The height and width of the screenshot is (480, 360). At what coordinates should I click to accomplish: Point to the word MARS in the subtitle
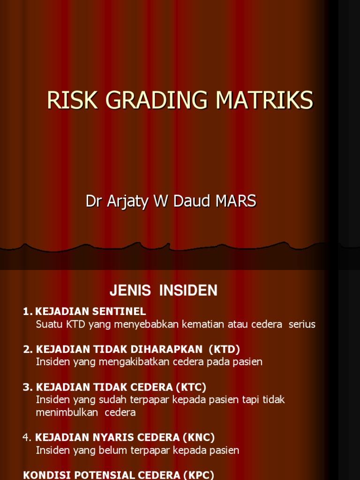pyautogui.click(x=236, y=201)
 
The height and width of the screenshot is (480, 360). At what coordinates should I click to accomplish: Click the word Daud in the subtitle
pyautogui.click(x=192, y=201)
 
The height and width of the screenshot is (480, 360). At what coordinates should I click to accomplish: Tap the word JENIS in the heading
pyautogui.click(x=130, y=291)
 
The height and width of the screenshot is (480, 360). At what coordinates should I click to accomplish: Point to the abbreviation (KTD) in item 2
pyautogui.click(x=224, y=349)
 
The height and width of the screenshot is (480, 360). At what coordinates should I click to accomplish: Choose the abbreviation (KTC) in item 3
pyautogui.click(x=190, y=387)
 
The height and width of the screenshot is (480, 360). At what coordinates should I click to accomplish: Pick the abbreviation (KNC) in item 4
pyautogui.click(x=199, y=438)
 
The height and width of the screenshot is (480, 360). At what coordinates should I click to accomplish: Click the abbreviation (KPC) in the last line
pyautogui.click(x=198, y=475)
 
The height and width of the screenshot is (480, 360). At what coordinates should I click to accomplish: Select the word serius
pyautogui.click(x=302, y=324)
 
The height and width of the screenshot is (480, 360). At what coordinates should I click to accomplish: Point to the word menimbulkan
pyautogui.click(x=67, y=412)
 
